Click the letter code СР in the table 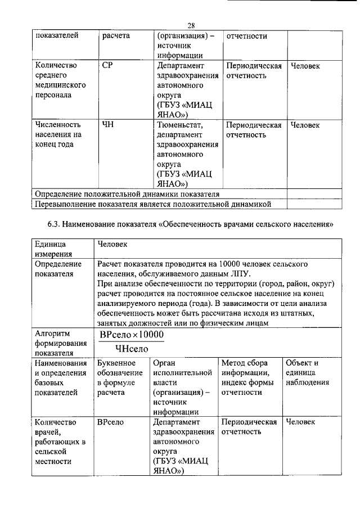[108, 66]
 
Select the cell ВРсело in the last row [110, 421]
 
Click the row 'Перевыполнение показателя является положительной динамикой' [154, 203]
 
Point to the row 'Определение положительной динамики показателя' [127, 193]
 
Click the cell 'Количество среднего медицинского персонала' [60, 80]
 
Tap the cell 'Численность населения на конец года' [58, 134]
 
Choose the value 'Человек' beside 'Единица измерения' [113, 245]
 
